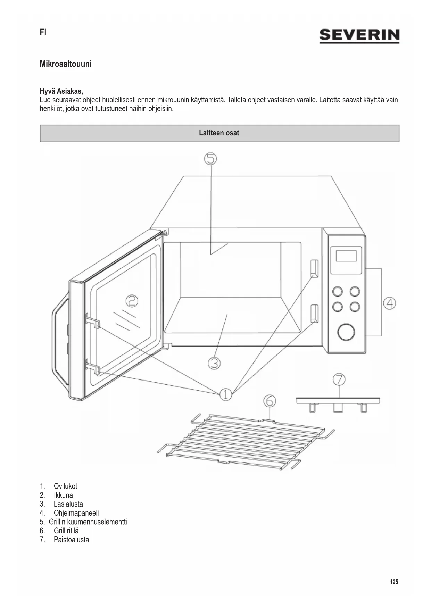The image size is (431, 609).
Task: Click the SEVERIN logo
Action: [359, 35]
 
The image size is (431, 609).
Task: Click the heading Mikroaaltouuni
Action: [66, 64]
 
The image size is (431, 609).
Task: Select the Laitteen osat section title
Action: [219, 133]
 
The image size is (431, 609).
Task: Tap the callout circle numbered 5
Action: [210, 159]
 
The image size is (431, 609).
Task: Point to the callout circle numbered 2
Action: [131, 301]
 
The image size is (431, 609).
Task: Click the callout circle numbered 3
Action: [214, 363]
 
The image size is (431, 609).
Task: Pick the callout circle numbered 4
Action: [390, 303]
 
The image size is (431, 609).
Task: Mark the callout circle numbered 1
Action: [225, 394]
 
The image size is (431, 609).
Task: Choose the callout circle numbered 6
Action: [270, 401]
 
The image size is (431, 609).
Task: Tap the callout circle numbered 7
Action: [339, 379]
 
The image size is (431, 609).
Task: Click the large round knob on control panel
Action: [346, 332]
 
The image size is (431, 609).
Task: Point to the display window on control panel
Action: [346, 256]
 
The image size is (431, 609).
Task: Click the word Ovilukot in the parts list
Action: [65, 486]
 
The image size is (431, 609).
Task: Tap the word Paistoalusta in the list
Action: [71, 540]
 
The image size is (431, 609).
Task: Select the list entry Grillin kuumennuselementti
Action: [88, 522]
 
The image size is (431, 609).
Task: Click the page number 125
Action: [394, 582]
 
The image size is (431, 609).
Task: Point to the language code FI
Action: [43, 32]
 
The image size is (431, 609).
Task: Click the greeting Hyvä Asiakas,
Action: [61, 91]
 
